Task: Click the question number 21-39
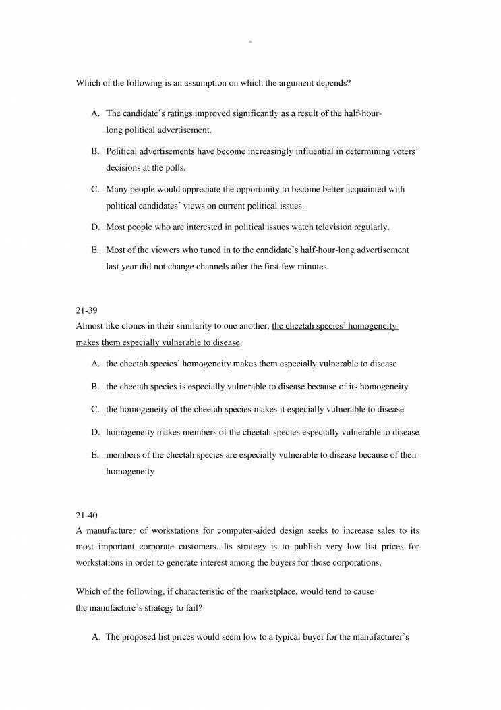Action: (86, 312)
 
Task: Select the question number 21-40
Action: (86, 516)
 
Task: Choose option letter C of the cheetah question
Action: (95, 409)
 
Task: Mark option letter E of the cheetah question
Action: (95, 455)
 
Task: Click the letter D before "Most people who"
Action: (95, 227)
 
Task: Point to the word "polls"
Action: (173, 167)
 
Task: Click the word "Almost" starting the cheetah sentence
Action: (90, 327)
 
